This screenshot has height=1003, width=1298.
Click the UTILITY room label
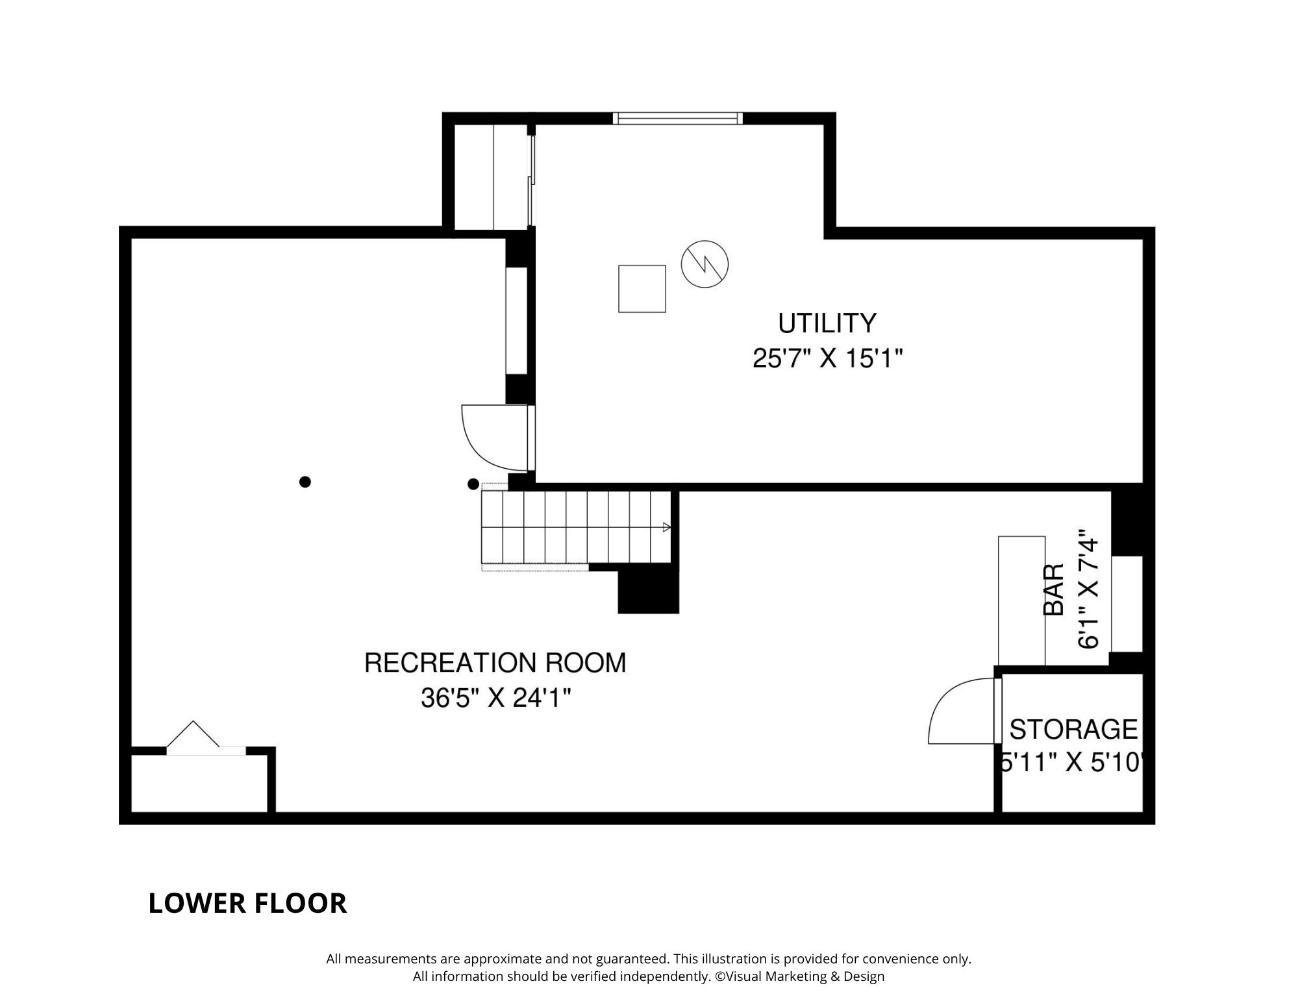[827, 323]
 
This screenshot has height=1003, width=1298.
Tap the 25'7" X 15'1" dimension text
[828, 358]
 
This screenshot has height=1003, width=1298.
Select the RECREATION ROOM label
[495, 663]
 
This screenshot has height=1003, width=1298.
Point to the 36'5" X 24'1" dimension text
[496, 699]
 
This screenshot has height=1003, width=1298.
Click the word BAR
[1053, 589]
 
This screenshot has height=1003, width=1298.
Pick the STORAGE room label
[1073, 730]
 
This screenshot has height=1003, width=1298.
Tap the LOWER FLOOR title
[247, 904]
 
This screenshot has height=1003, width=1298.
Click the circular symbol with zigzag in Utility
[705, 264]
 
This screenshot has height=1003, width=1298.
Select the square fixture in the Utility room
[642, 289]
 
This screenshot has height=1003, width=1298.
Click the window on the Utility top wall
[677, 118]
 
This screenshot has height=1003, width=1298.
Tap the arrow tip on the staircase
[669, 527]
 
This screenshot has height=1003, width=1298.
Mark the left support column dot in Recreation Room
[305, 482]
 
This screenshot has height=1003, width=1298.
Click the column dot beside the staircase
[473, 484]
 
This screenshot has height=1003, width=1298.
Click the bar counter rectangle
[1021, 601]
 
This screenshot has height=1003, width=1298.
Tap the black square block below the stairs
[648, 591]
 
